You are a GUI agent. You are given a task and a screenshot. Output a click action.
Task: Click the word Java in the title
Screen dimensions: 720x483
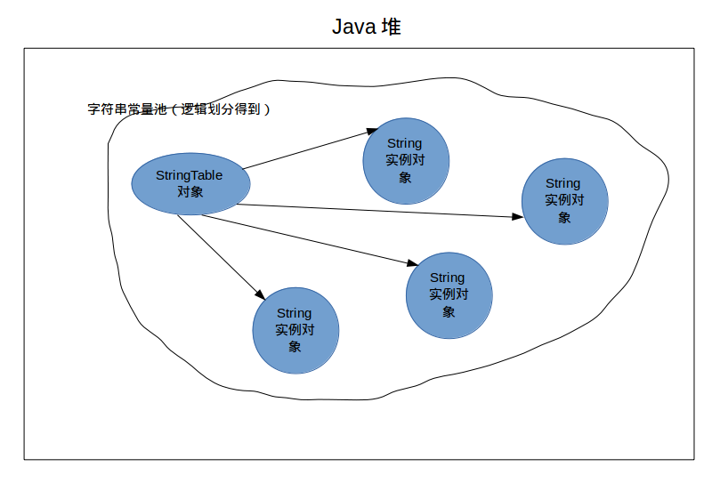click(x=354, y=27)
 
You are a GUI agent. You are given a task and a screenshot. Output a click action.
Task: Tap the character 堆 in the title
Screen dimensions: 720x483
click(x=392, y=27)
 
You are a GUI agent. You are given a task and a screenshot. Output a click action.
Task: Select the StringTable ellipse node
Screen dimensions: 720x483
click(x=190, y=183)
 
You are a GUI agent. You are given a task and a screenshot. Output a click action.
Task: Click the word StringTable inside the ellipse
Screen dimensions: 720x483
click(x=190, y=175)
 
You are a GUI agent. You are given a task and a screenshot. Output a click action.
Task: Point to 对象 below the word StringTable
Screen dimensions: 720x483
click(x=190, y=191)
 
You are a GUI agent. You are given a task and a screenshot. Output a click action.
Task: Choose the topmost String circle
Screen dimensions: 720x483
click(x=406, y=161)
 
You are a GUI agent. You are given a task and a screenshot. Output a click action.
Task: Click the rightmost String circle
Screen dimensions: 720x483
click(x=565, y=201)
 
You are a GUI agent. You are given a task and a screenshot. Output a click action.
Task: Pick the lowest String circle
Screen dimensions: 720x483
click(x=295, y=331)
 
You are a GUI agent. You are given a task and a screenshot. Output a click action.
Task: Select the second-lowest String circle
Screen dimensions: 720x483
click(x=449, y=295)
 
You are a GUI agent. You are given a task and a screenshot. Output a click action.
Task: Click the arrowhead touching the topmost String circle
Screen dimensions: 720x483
click(x=372, y=132)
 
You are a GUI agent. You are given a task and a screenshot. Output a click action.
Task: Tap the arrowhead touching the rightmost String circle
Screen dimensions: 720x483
click(x=517, y=216)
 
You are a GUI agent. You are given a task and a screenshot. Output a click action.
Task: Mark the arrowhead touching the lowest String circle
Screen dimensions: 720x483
click(x=261, y=294)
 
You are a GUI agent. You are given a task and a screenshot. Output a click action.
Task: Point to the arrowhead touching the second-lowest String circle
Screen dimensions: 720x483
click(x=412, y=263)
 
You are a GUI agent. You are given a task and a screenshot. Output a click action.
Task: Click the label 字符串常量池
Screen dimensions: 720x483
click(x=127, y=109)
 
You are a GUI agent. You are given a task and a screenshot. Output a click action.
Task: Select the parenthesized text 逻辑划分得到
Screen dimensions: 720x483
click(x=221, y=109)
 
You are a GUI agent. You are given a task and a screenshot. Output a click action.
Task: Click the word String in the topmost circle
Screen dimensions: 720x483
click(x=405, y=144)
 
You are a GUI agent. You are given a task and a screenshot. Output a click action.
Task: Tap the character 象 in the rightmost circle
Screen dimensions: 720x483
click(x=564, y=217)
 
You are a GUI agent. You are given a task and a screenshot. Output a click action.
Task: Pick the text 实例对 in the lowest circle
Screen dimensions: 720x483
click(x=295, y=330)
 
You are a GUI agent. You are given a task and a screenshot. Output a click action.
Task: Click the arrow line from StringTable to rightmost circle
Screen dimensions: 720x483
click(x=380, y=211)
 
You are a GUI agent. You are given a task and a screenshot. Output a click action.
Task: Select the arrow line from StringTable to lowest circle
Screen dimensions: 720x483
click(x=222, y=258)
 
